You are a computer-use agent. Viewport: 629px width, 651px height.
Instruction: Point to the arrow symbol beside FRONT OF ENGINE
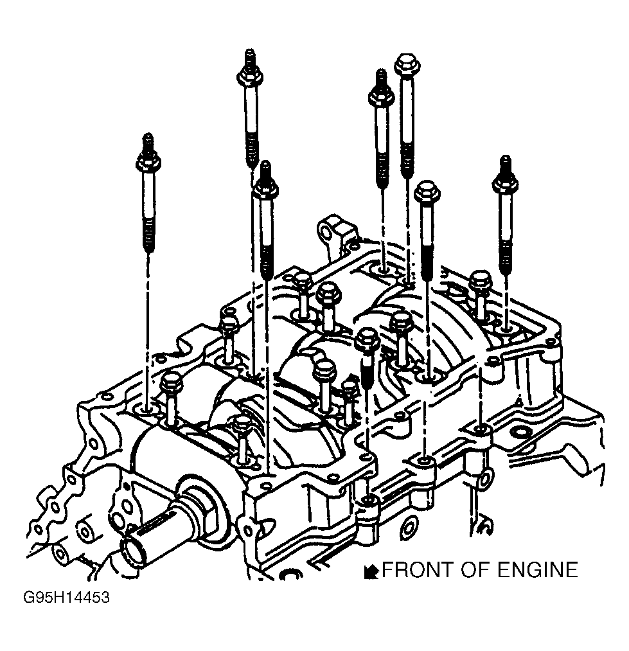point(371,571)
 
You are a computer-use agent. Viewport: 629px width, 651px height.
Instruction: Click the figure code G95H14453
point(66,598)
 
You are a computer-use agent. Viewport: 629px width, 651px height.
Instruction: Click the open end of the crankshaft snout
point(134,551)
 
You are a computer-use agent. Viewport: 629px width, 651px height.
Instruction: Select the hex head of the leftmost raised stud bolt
point(148,163)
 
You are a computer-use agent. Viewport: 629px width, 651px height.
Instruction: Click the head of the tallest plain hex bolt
point(407,65)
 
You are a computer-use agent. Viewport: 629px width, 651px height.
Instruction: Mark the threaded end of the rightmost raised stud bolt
point(505,254)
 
